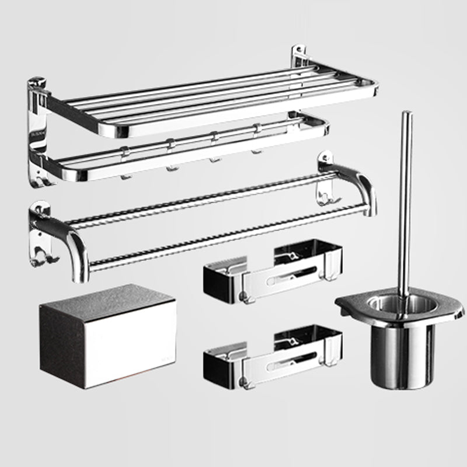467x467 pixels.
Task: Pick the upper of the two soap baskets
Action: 271,271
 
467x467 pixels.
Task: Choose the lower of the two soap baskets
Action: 271,356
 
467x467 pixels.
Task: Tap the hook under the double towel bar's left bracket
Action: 38,260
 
